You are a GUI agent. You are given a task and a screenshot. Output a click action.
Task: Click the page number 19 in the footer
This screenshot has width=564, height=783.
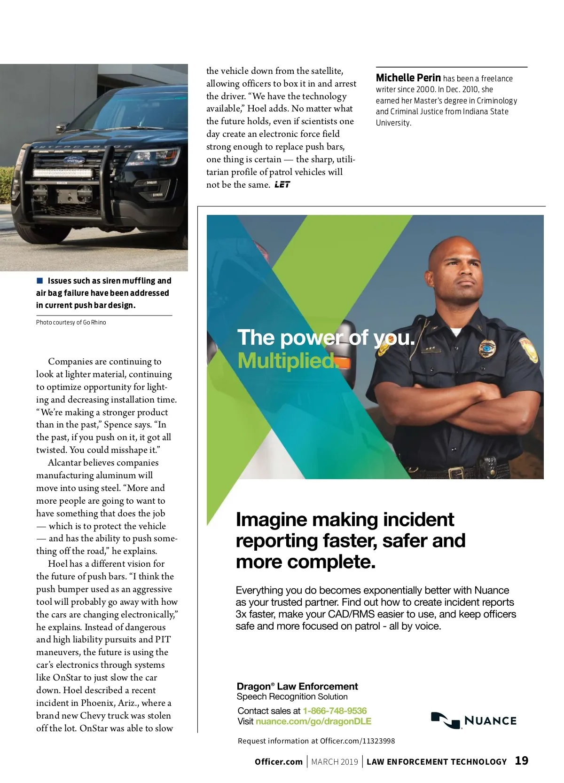click(521, 761)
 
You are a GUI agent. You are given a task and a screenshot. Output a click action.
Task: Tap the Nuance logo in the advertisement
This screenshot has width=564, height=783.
click(473, 720)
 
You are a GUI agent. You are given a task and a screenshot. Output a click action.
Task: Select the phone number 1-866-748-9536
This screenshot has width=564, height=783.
click(335, 711)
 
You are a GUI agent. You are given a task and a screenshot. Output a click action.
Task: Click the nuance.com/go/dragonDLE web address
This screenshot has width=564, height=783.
click(313, 721)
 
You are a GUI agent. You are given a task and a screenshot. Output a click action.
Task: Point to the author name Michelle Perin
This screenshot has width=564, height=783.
click(408, 78)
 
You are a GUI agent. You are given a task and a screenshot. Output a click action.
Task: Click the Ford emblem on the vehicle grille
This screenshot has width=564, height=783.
click(74, 160)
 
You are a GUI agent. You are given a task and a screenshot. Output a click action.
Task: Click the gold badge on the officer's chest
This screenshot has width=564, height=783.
click(487, 348)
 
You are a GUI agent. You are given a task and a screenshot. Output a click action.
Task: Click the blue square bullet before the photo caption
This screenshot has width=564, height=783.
click(40, 281)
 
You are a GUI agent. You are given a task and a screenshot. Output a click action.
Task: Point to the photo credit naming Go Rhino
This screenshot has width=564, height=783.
click(71, 323)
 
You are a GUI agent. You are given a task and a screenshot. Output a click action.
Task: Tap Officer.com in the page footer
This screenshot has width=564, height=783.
click(278, 762)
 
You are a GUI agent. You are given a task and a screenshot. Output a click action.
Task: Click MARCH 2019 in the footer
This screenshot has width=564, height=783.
click(335, 762)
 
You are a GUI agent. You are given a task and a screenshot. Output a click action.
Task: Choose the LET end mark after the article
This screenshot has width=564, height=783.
click(282, 185)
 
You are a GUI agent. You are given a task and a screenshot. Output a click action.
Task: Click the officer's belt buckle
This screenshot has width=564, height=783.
click(456, 472)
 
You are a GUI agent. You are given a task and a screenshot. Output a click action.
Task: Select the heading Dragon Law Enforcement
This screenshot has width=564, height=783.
click(297, 686)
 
